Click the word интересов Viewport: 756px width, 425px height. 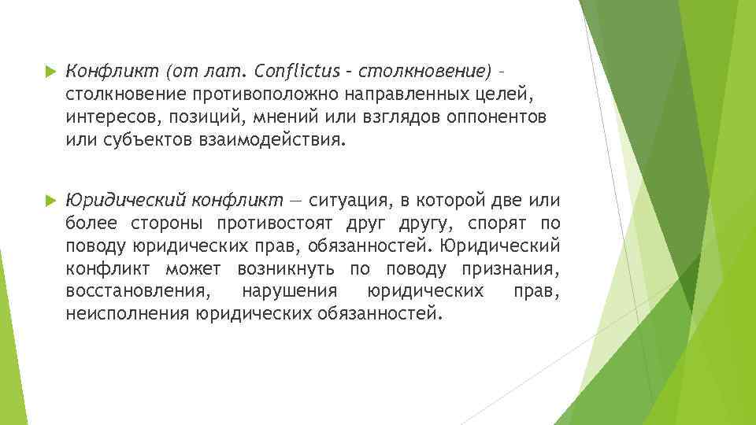[x=106, y=118]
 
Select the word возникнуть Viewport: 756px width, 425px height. [x=287, y=268]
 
